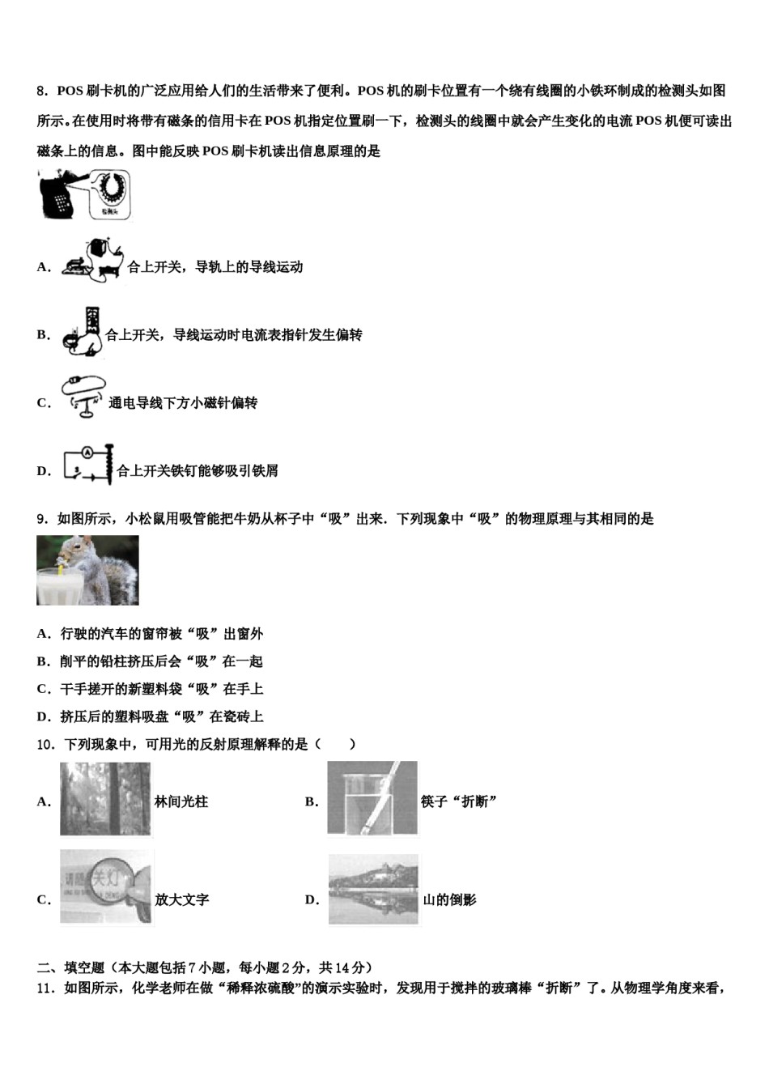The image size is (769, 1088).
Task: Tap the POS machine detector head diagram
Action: pyautogui.click(x=86, y=194)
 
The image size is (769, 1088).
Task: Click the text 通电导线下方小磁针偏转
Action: pyautogui.click(x=183, y=403)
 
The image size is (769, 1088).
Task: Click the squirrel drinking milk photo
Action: pyautogui.click(x=87, y=570)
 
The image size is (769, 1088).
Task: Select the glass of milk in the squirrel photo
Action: pyautogui.click(x=59, y=584)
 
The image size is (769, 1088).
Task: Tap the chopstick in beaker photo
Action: pyautogui.click(x=372, y=798)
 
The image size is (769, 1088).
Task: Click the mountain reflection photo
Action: pyautogui.click(x=374, y=890)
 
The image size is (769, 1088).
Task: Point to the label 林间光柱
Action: pyautogui.click(x=181, y=802)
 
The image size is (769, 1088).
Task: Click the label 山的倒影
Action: pyautogui.click(x=450, y=900)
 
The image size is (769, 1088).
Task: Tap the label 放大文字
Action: pyautogui.click(x=182, y=900)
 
